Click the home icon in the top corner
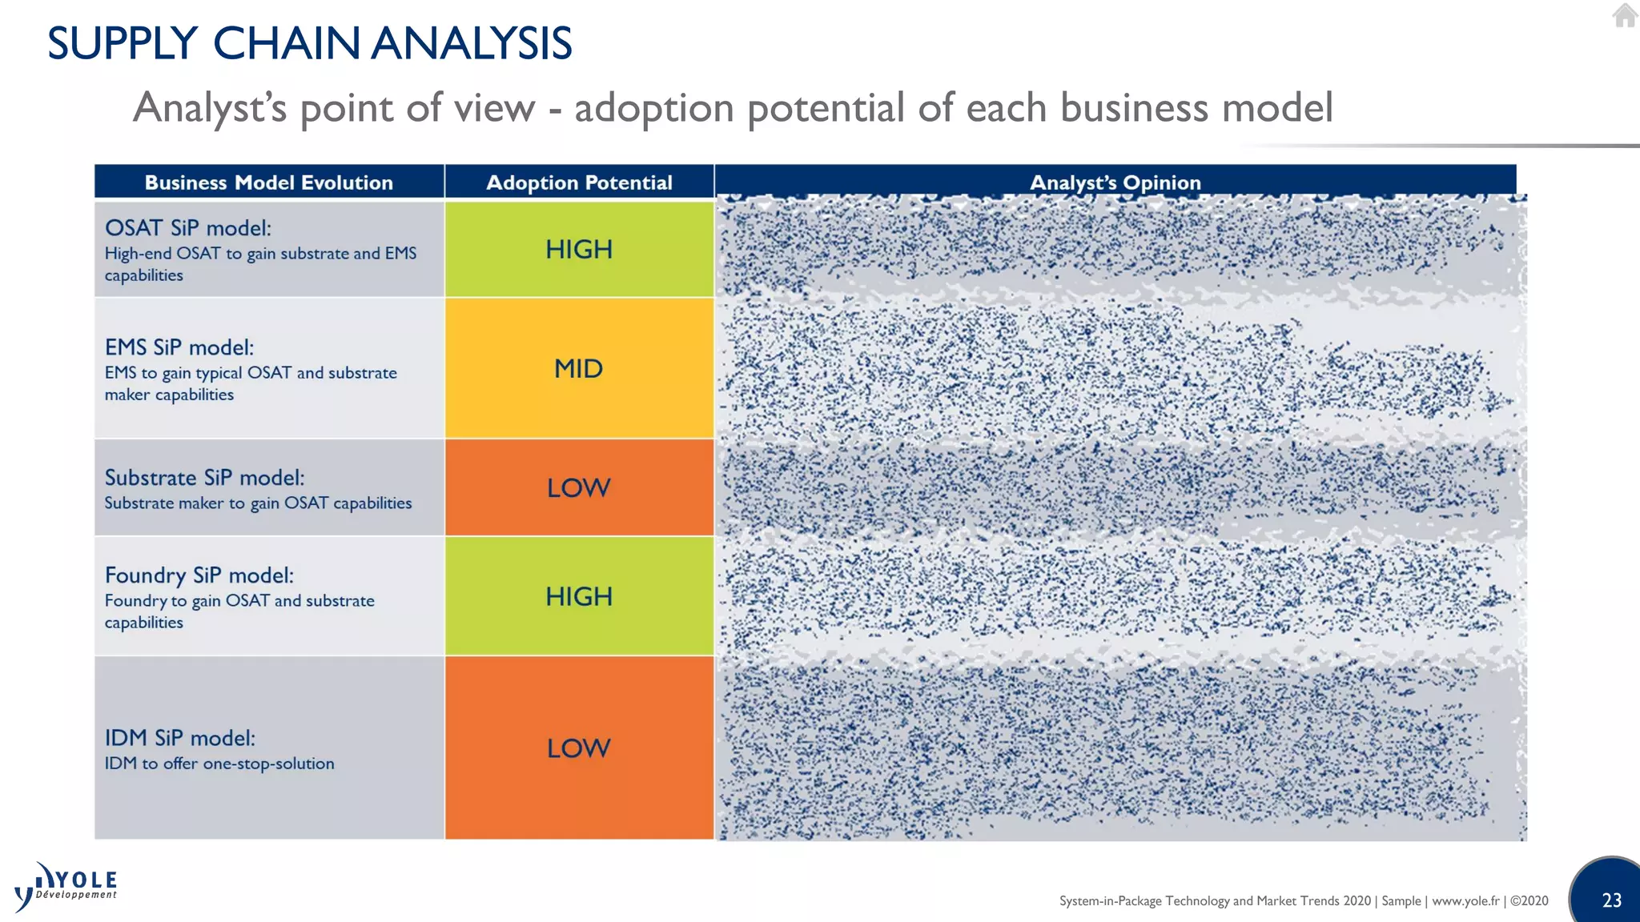pyautogui.click(x=1625, y=15)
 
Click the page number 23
pyautogui.click(x=1611, y=900)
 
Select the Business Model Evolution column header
pyautogui.click(x=269, y=182)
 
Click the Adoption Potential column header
pyautogui.click(x=579, y=182)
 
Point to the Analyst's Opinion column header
pyautogui.click(x=1115, y=182)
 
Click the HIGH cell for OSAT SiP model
pyautogui.click(x=579, y=249)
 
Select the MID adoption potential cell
pyautogui.click(x=579, y=368)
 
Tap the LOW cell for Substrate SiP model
pyautogui.click(x=579, y=487)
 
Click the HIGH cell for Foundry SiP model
pyautogui.click(x=579, y=596)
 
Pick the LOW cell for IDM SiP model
pyautogui.click(x=579, y=748)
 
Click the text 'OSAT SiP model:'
pyautogui.click(x=188, y=228)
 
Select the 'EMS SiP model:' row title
pyautogui.click(x=179, y=347)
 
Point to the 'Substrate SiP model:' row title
pyautogui.click(x=205, y=478)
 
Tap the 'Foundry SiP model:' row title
pyautogui.click(x=199, y=575)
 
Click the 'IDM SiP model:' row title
pyautogui.click(x=180, y=738)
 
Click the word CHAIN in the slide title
pyautogui.click(x=286, y=43)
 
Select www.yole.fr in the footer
pyautogui.click(x=1465, y=900)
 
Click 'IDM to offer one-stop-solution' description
pyautogui.click(x=219, y=764)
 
